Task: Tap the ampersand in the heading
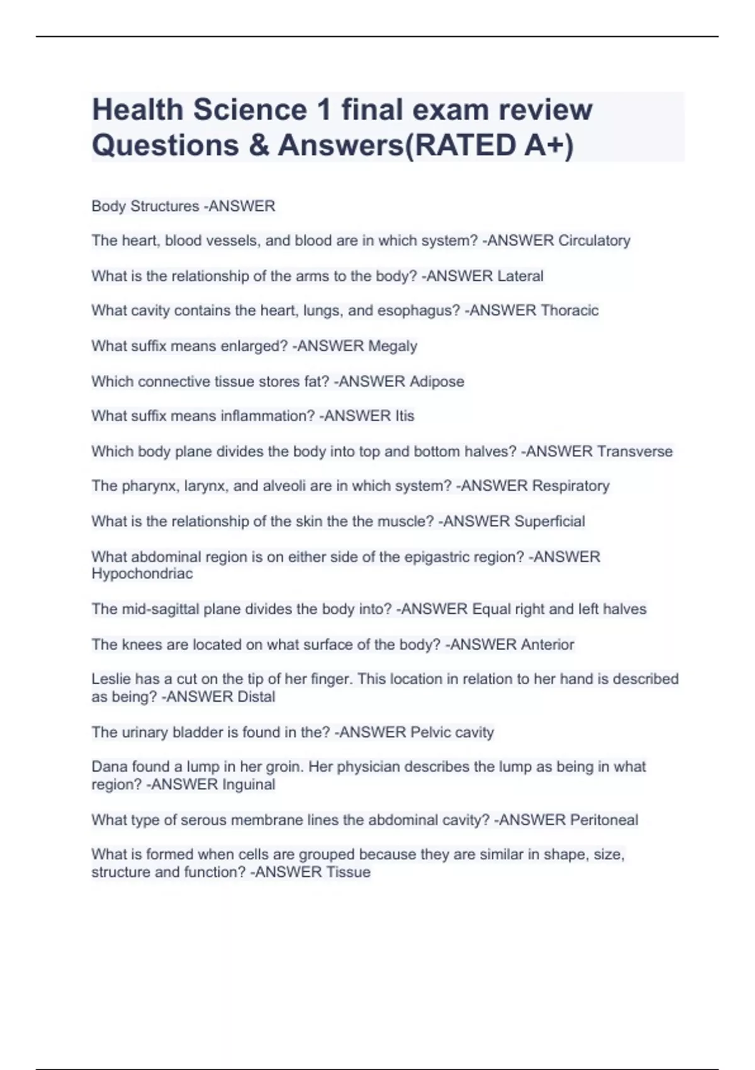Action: coord(258,145)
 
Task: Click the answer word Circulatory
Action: coord(594,240)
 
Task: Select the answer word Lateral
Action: coord(520,276)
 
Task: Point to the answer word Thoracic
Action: coord(569,310)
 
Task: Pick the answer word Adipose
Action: coord(437,381)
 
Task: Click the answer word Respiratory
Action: coord(571,486)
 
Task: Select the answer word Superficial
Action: coord(549,521)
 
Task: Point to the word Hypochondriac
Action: coord(142,574)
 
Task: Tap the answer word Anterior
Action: coord(544,645)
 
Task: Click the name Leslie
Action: coord(111,679)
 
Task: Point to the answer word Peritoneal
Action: coord(603,820)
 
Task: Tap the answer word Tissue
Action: coord(349,872)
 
